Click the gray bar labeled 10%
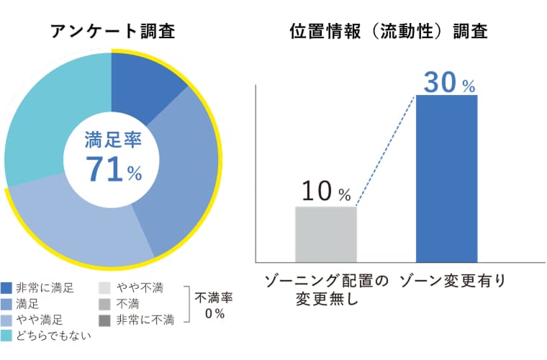point(326,234)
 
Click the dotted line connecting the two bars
point(386,151)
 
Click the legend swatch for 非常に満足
point(7,288)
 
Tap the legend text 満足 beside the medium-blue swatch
point(27,304)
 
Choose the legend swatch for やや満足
point(7,319)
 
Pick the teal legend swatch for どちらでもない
point(7,335)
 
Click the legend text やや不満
point(139,288)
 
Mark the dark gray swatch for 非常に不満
point(104,319)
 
